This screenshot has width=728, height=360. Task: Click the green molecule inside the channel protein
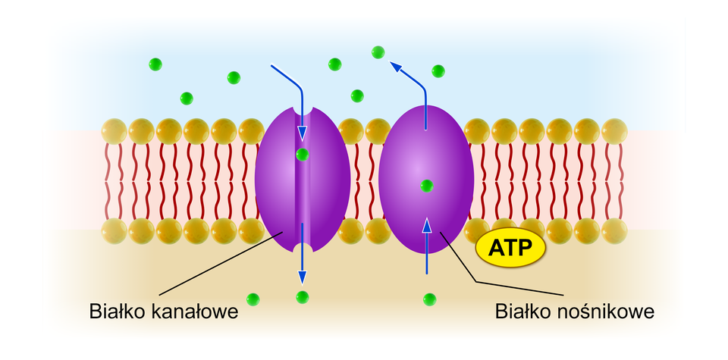(x=303, y=155)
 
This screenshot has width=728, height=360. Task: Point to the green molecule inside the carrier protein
(x=426, y=186)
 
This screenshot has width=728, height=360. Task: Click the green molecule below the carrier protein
(x=430, y=299)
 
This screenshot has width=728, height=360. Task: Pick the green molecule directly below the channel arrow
(x=303, y=296)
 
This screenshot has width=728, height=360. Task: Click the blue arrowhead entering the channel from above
(x=303, y=133)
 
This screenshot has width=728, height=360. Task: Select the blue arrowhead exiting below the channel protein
(x=303, y=275)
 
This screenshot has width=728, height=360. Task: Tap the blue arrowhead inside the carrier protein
(x=426, y=224)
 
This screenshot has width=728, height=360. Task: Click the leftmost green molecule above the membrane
(x=155, y=64)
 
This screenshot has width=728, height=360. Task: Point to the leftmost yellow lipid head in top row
(x=114, y=130)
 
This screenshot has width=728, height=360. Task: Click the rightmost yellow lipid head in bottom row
(x=615, y=230)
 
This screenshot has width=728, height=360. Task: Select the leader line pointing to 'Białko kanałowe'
(x=220, y=265)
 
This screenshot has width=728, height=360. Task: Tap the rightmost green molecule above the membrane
(x=438, y=71)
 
